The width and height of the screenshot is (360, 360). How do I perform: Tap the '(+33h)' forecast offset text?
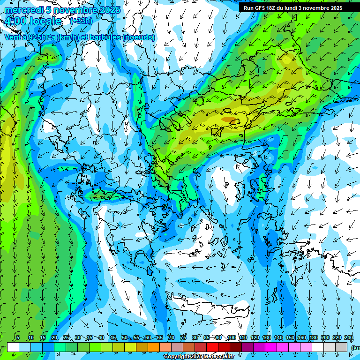point(81,21)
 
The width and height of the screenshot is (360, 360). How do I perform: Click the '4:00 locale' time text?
point(33,21)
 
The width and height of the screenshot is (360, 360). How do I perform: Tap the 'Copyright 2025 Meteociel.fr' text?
point(199,357)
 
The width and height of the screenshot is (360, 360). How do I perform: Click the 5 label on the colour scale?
point(18,338)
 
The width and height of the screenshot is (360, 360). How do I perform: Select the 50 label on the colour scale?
point(124,338)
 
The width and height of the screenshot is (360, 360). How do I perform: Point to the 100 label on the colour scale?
point(231,338)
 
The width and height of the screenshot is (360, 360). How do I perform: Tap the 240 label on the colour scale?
point(348,338)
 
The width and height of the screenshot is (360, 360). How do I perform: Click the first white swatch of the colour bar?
point(13,347)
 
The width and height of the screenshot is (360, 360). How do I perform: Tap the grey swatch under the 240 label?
point(341,347)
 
